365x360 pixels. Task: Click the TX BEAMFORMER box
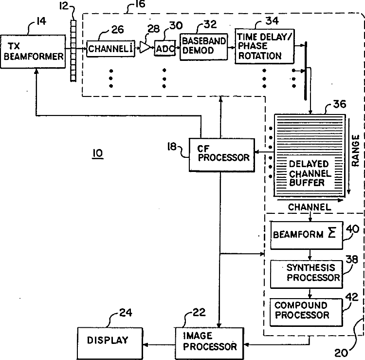point(33,52)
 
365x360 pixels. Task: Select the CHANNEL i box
point(110,49)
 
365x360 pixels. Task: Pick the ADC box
point(165,48)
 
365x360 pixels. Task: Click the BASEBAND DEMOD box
point(204,47)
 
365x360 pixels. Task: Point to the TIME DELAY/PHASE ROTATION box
point(265,46)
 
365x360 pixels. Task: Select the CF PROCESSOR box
point(221,155)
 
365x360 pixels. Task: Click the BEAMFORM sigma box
point(306,235)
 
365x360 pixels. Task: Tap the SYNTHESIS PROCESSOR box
point(306,274)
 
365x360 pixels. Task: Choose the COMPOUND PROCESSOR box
point(306,312)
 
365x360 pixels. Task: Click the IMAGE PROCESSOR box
point(209,343)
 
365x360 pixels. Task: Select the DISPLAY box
point(110,343)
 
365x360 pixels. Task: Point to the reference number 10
point(98,153)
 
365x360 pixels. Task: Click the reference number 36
point(340,104)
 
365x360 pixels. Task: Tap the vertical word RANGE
point(355,151)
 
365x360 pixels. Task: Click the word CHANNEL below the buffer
point(310,207)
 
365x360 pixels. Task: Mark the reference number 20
point(341,353)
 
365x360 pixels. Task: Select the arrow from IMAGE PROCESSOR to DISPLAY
point(159,344)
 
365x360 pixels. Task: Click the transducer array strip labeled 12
point(73,51)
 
